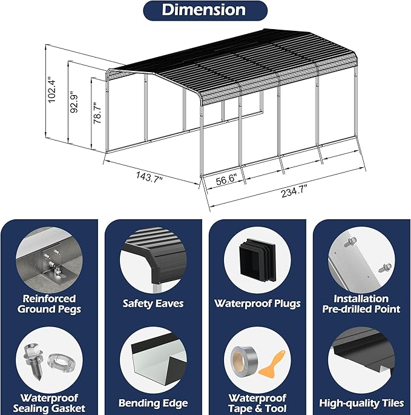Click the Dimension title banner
(205, 10)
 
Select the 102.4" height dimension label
(51, 90)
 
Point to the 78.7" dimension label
(97, 113)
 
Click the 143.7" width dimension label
(149, 177)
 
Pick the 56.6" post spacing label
(226, 179)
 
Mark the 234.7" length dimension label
(294, 191)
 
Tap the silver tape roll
(243, 359)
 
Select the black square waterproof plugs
(257, 260)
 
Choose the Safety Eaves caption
(153, 304)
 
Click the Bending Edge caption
(153, 403)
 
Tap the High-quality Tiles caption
(361, 403)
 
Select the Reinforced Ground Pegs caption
(49, 304)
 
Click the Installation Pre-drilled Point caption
(361, 304)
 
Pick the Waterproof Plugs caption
(257, 304)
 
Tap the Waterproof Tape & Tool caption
(257, 403)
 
